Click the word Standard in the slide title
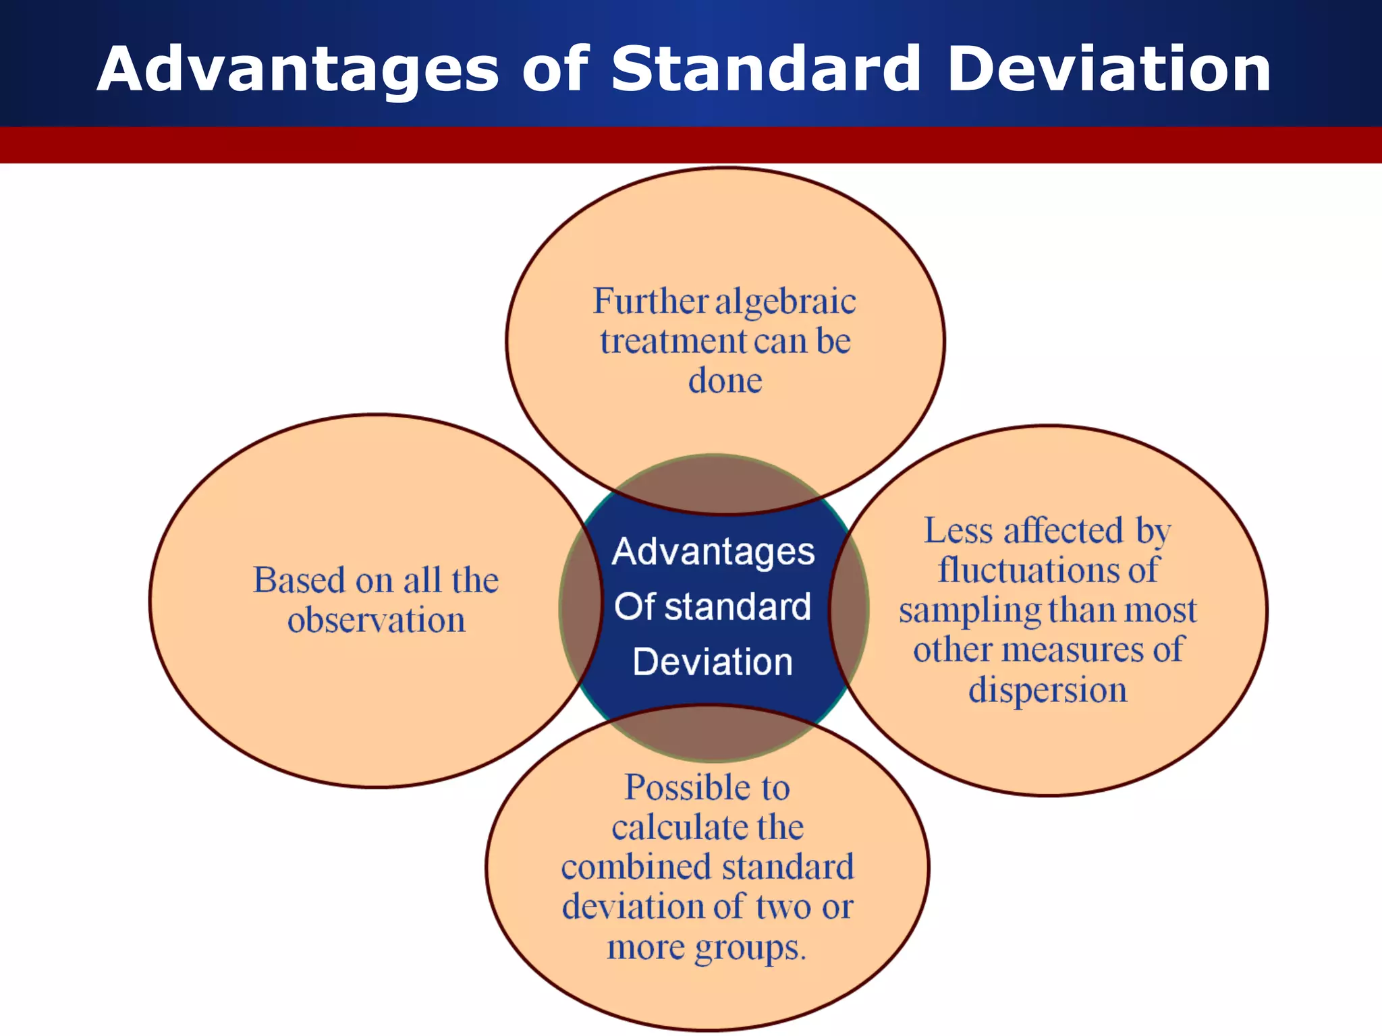[x=766, y=69]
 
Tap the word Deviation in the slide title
[x=1109, y=69]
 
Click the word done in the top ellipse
[x=725, y=381]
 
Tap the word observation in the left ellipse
[x=377, y=620]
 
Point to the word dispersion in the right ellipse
[x=1048, y=690]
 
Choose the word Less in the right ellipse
[x=958, y=531]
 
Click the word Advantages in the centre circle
[x=713, y=552]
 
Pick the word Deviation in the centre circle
[x=713, y=662]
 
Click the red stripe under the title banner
[x=691, y=145]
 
